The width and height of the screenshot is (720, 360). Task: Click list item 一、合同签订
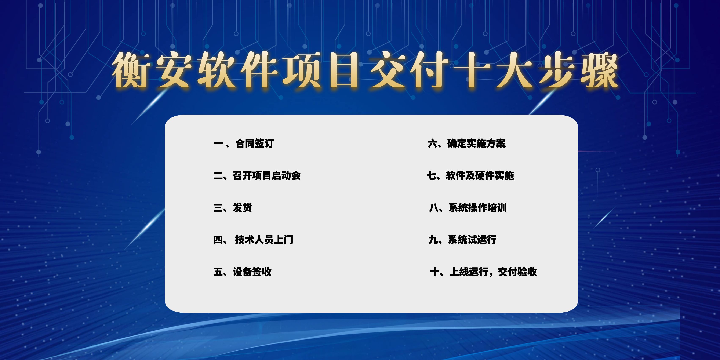point(243,143)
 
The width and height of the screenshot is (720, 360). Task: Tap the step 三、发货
point(233,208)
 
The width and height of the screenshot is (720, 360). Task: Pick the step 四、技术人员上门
point(253,240)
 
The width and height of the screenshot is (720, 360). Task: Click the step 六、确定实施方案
point(466,143)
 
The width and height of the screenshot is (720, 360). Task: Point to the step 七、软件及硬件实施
point(470,175)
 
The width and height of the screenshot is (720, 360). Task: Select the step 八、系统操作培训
point(468,208)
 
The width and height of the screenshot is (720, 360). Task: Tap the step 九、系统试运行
point(462,240)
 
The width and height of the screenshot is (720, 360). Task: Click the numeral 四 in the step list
point(218,240)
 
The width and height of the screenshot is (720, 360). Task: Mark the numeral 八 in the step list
point(434,208)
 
